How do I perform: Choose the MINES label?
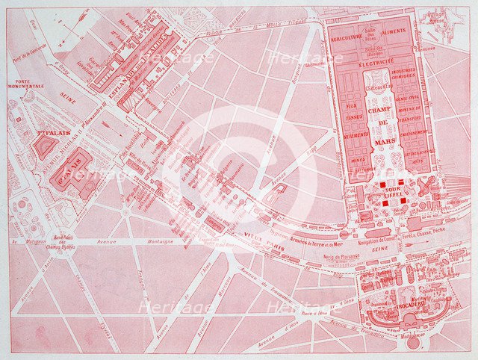[358, 160]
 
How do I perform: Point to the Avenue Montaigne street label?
[146, 241]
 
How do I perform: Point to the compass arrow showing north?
[75, 30]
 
